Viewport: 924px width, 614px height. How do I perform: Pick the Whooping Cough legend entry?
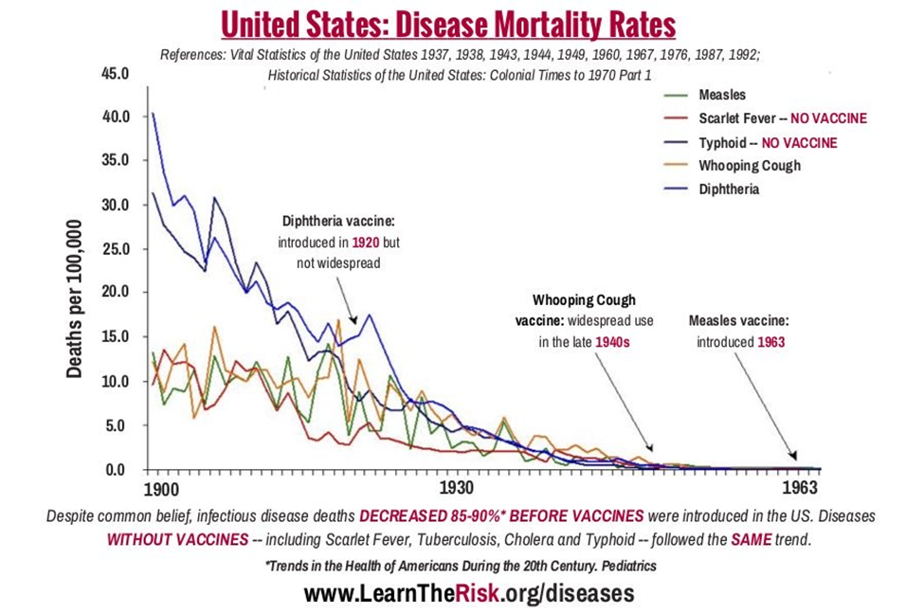pos(749,166)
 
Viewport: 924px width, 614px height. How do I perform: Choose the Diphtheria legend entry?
pos(729,190)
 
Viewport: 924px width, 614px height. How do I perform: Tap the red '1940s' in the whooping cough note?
pos(612,342)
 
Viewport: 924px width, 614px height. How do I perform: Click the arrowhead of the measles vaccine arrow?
pos(794,458)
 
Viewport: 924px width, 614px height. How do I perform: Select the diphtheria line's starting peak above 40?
pos(153,114)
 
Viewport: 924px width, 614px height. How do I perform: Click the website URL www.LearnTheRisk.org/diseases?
pos(468,594)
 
